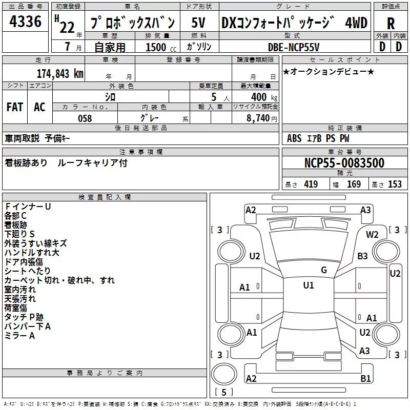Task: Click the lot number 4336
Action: point(25,22)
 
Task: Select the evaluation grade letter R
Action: point(391,23)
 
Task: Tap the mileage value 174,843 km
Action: point(60,74)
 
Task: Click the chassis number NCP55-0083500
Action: point(344,162)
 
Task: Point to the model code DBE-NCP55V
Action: point(294,47)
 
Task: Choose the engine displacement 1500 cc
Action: point(161,47)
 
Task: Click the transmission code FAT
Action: point(15,107)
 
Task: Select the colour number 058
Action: point(85,118)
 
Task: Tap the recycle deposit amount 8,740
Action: point(258,118)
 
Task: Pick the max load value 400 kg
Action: point(264,97)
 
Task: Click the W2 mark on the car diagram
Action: point(372,235)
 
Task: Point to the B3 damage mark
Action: point(362,256)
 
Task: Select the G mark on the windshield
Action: point(324,270)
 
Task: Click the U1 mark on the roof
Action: point(309,285)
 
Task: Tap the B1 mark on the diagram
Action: point(365,379)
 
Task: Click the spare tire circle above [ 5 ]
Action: point(224,374)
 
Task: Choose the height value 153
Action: point(395,184)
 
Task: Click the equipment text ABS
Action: point(294,138)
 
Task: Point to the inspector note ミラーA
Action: point(19,336)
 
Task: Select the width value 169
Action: point(354,184)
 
